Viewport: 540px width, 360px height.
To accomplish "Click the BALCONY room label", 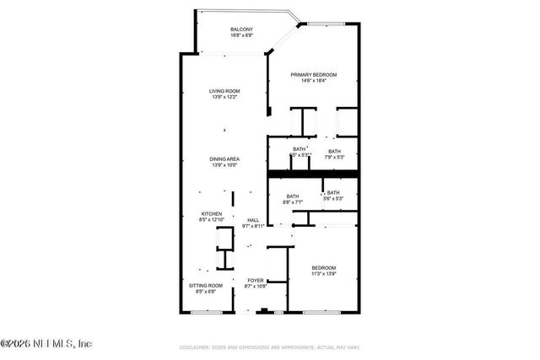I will (241, 30).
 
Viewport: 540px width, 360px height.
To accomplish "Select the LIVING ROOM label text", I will (225, 91).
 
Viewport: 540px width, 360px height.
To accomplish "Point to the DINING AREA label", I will (225, 159).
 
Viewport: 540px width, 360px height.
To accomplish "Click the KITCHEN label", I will (211, 214).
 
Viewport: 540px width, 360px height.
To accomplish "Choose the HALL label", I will (253, 220).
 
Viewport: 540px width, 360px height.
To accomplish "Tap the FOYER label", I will (255, 281).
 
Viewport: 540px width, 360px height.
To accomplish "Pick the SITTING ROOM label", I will (206, 286).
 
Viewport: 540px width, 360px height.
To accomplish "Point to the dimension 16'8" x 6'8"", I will (241, 36).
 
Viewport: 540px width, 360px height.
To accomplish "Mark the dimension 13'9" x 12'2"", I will (225, 97).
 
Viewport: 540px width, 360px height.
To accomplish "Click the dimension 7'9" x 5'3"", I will (334, 157).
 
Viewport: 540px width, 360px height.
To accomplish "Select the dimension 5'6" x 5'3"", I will (334, 198).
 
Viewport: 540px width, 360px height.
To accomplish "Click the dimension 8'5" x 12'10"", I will (211, 220).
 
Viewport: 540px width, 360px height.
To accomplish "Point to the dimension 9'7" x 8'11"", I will (253, 226).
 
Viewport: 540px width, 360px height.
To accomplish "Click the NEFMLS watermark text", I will (46, 343).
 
